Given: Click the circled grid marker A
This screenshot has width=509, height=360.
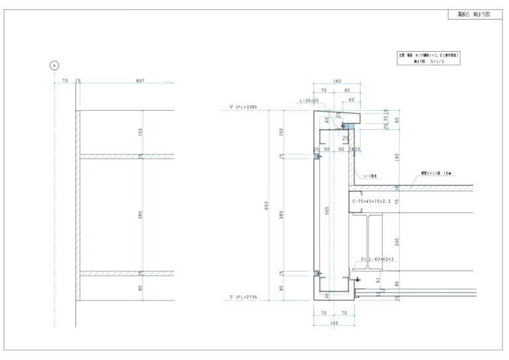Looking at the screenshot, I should (54, 65).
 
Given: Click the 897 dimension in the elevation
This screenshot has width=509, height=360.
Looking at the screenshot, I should (140, 81).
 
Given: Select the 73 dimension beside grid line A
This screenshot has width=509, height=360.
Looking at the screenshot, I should (64, 81).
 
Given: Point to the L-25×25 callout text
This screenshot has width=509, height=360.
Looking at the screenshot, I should (309, 101).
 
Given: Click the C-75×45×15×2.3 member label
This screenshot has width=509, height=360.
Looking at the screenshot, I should (373, 201).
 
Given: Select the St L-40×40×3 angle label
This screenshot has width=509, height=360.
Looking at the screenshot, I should (378, 259).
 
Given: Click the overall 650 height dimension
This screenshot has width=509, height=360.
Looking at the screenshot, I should (267, 206).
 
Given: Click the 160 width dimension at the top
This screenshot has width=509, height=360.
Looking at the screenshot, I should (337, 81).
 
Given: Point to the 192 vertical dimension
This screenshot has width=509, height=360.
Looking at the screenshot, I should (396, 158).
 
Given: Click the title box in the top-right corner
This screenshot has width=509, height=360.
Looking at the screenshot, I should (474, 14).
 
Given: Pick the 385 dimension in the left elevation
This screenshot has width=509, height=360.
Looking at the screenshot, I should (141, 215).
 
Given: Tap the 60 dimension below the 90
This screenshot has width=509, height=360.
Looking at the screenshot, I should (351, 99).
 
